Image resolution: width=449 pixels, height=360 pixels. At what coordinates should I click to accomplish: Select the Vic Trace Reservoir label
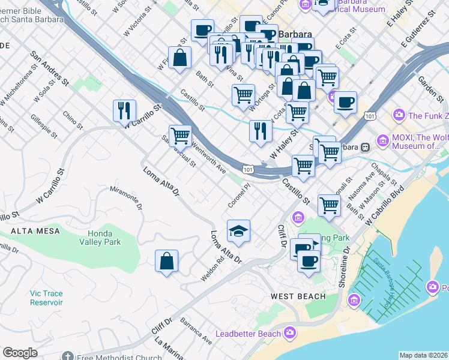pyautogui.click(x=46, y=298)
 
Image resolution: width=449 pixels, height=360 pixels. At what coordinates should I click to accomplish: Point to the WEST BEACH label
pyautogui.click(x=298, y=296)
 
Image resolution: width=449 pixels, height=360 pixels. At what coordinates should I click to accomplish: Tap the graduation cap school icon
pyautogui.click(x=238, y=231)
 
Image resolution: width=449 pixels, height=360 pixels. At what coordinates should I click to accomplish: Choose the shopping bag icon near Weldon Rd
pyautogui.click(x=166, y=261)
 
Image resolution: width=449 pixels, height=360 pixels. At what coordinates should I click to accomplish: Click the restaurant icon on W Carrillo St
pyautogui.click(x=124, y=110)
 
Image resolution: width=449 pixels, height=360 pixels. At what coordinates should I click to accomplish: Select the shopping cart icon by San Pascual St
pyautogui.click(x=180, y=136)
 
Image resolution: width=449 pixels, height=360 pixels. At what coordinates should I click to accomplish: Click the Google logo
pyautogui.click(x=20, y=353)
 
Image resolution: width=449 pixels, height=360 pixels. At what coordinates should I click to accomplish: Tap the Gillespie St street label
pyautogui.click(x=43, y=125)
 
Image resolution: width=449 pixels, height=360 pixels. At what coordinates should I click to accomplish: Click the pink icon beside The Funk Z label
pyautogui.click(x=399, y=115)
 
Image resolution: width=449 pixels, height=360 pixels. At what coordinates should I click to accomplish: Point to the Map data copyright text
pyautogui.click(x=423, y=355)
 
